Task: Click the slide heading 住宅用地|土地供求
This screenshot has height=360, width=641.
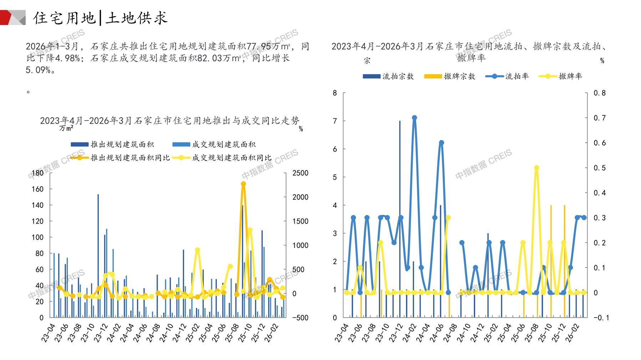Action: pyautogui.click(x=100, y=18)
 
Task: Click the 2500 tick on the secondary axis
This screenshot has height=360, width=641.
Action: pyautogui.click(x=300, y=173)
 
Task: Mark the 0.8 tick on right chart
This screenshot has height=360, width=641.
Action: pyautogui.click(x=599, y=93)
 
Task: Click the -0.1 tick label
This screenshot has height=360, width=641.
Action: pyautogui.click(x=601, y=318)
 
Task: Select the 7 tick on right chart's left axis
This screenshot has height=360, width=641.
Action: pyautogui.click(x=335, y=121)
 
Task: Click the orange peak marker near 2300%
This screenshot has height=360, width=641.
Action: pyautogui.click(x=243, y=184)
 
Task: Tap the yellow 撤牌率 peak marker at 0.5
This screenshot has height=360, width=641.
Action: pyautogui.click(x=536, y=168)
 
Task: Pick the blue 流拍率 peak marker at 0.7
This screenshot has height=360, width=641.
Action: pyautogui.click(x=414, y=118)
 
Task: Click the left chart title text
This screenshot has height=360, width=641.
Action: pyautogui.click(x=169, y=121)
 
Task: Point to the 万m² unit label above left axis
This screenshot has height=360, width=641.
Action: pyautogui.click(x=66, y=128)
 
